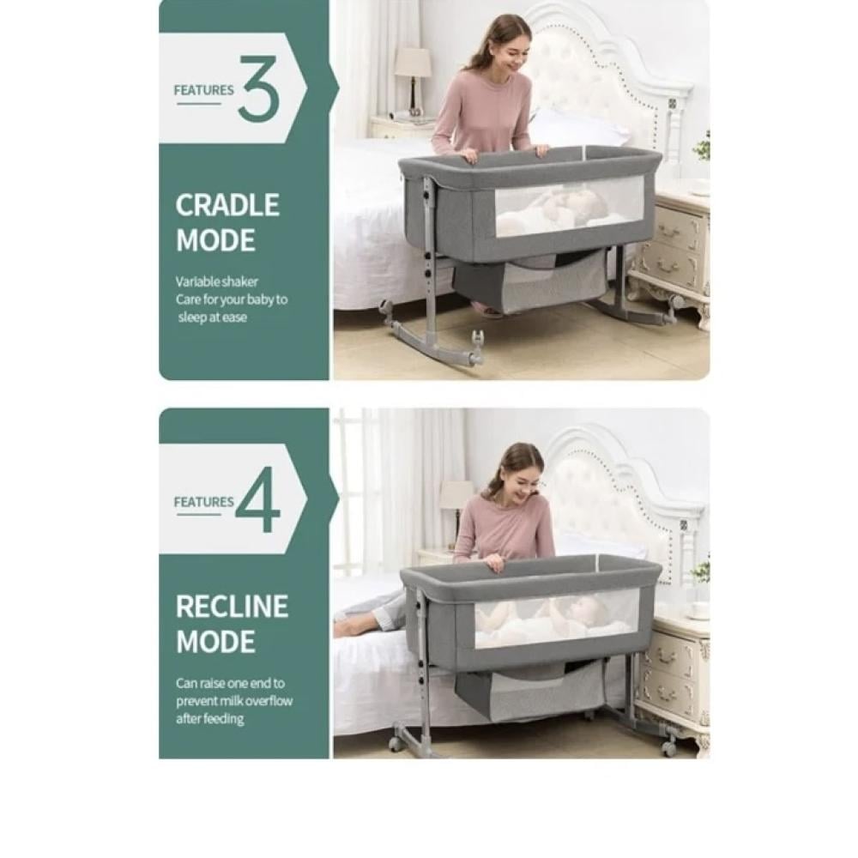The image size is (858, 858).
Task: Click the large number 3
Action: (x=259, y=88)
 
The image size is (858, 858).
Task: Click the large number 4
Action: (x=258, y=499)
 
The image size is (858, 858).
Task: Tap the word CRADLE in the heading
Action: (x=227, y=205)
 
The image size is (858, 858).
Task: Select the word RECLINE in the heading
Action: (x=232, y=607)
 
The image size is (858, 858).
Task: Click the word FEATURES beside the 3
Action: (x=203, y=90)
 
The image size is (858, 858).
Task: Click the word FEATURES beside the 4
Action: (x=203, y=502)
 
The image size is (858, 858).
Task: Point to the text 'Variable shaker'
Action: (x=217, y=281)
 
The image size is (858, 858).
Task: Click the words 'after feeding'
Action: (x=209, y=718)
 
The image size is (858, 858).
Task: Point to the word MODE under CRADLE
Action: (x=215, y=241)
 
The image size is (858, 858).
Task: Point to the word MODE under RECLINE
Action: (x=215, y=642)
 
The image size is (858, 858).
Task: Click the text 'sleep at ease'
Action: (x=212, y=317)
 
